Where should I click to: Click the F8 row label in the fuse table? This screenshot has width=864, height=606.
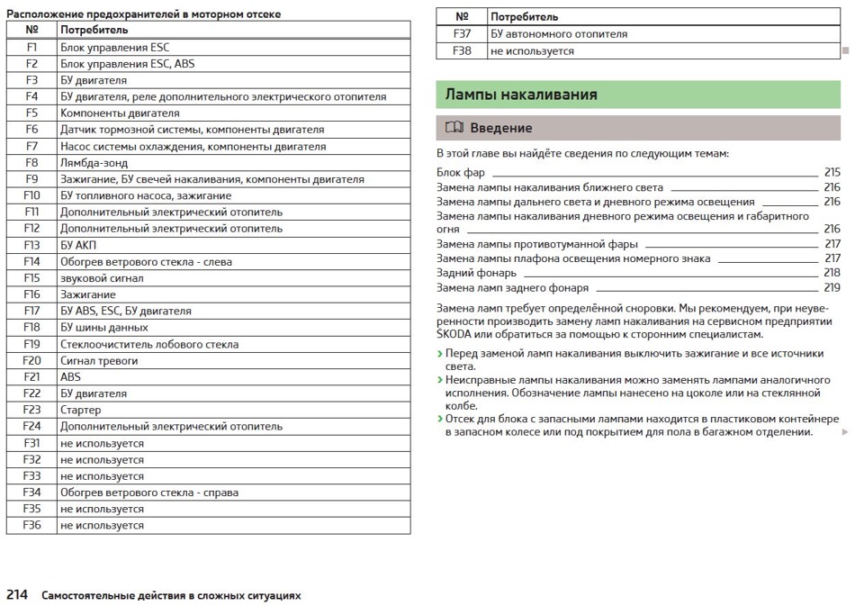(x=31, y=163)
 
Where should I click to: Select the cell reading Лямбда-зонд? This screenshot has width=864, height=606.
(x=94, y=163)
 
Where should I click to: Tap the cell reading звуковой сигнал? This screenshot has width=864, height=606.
(x=102, y=278)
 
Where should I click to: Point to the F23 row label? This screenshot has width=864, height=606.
(x=31, y=410)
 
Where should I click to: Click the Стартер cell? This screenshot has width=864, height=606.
(x=81, y=410)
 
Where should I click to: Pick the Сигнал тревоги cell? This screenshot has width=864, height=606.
(x=99, y=360)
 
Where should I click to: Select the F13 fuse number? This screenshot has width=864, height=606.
(x=31, y=245)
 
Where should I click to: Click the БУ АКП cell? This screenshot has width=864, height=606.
(x=78, y=245)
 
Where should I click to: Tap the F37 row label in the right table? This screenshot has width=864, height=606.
(x=462, y=34)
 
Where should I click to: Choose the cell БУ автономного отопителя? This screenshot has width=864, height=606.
(x=559, y=34)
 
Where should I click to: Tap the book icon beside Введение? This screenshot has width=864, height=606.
(x=454, y=128)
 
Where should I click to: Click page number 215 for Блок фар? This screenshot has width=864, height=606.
(x=832, y=172)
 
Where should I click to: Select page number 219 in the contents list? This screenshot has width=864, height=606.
(x=832, y=288)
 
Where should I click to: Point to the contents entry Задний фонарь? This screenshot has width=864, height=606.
(x=477, y=273)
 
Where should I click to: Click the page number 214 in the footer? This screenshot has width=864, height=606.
(x=18, y=595)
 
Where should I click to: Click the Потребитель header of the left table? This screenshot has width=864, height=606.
(x=94, y=30)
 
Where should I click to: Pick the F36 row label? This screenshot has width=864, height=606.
(x=31, y=525)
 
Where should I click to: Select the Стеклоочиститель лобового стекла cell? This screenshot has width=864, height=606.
(x=149, y=344)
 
